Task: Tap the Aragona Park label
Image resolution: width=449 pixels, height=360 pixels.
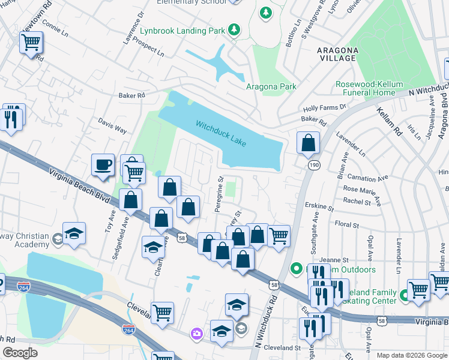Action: tap(271, 86)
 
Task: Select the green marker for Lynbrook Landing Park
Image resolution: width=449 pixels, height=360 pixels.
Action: tap(235, 29)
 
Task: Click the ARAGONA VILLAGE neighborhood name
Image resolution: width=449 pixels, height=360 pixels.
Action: tap(339, 55)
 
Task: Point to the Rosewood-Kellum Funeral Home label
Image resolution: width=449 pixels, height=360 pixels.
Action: tap(357, 89)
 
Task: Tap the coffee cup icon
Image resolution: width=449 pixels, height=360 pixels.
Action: tap(103, 164)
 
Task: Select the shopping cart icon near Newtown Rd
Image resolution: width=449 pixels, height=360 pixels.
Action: tap(31, 43)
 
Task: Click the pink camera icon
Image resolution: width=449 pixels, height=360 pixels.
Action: tap(196, 333)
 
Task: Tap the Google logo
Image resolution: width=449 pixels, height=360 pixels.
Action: tap(20, 353)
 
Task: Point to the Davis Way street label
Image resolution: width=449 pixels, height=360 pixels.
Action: tap(112, 125)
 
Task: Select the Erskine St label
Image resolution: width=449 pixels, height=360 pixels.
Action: tap(319, 207)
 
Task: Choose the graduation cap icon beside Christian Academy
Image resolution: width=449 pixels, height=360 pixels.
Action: tap(74, 233)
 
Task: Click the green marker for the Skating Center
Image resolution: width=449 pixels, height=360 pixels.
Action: tap(405, 295)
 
